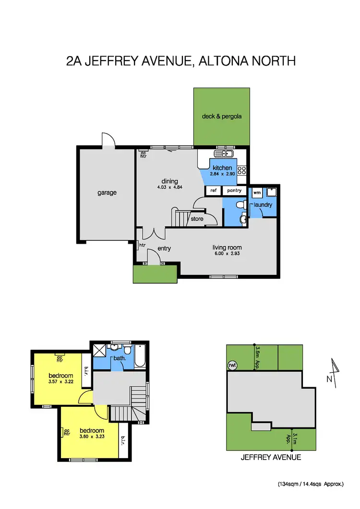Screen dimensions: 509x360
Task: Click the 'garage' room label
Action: click(x=107, y=193)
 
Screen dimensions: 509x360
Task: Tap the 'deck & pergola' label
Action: click(x=221, y=116)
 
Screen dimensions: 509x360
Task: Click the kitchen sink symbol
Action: click(x=223, y=154)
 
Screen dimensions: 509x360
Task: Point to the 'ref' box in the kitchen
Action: click(x=214, y=191)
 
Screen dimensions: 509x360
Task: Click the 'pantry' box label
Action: click(x=234, y=191)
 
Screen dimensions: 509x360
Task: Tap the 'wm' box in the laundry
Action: click(x=256, y=191)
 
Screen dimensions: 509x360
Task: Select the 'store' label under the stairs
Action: click(x=197, y=219)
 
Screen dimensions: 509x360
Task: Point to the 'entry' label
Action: click(x=165, y=249)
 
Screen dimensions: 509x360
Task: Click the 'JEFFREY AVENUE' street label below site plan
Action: click(x=271, y=457)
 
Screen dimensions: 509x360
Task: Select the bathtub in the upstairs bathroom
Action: click(x=141, y=357)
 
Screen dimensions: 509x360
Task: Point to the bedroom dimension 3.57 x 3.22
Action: click(x=60, y=382)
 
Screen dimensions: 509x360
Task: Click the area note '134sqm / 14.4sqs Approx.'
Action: click(x=311, y=484)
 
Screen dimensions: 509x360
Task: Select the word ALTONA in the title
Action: click(x=223, y=61)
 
